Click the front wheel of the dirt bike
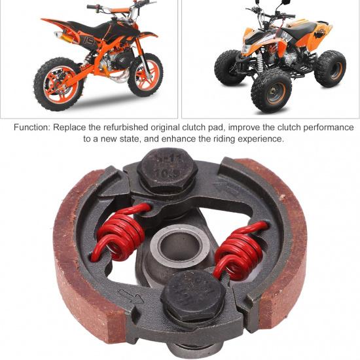click(x=143, y=75)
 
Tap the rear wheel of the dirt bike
click(x=58, y=84)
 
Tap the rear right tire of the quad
click(x=331, y=67)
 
